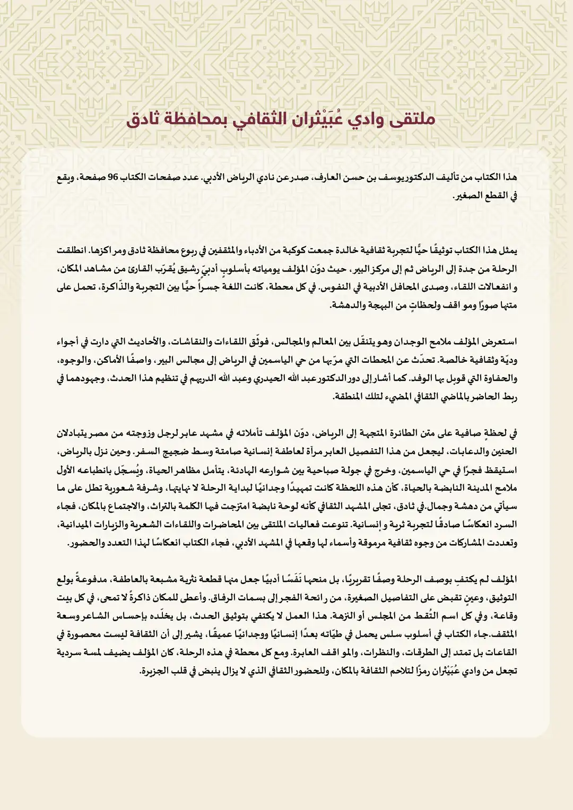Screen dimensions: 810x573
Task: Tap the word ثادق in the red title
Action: click(x=146, y=119)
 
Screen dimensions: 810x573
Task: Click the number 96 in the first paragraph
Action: click(x=112, y=177)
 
